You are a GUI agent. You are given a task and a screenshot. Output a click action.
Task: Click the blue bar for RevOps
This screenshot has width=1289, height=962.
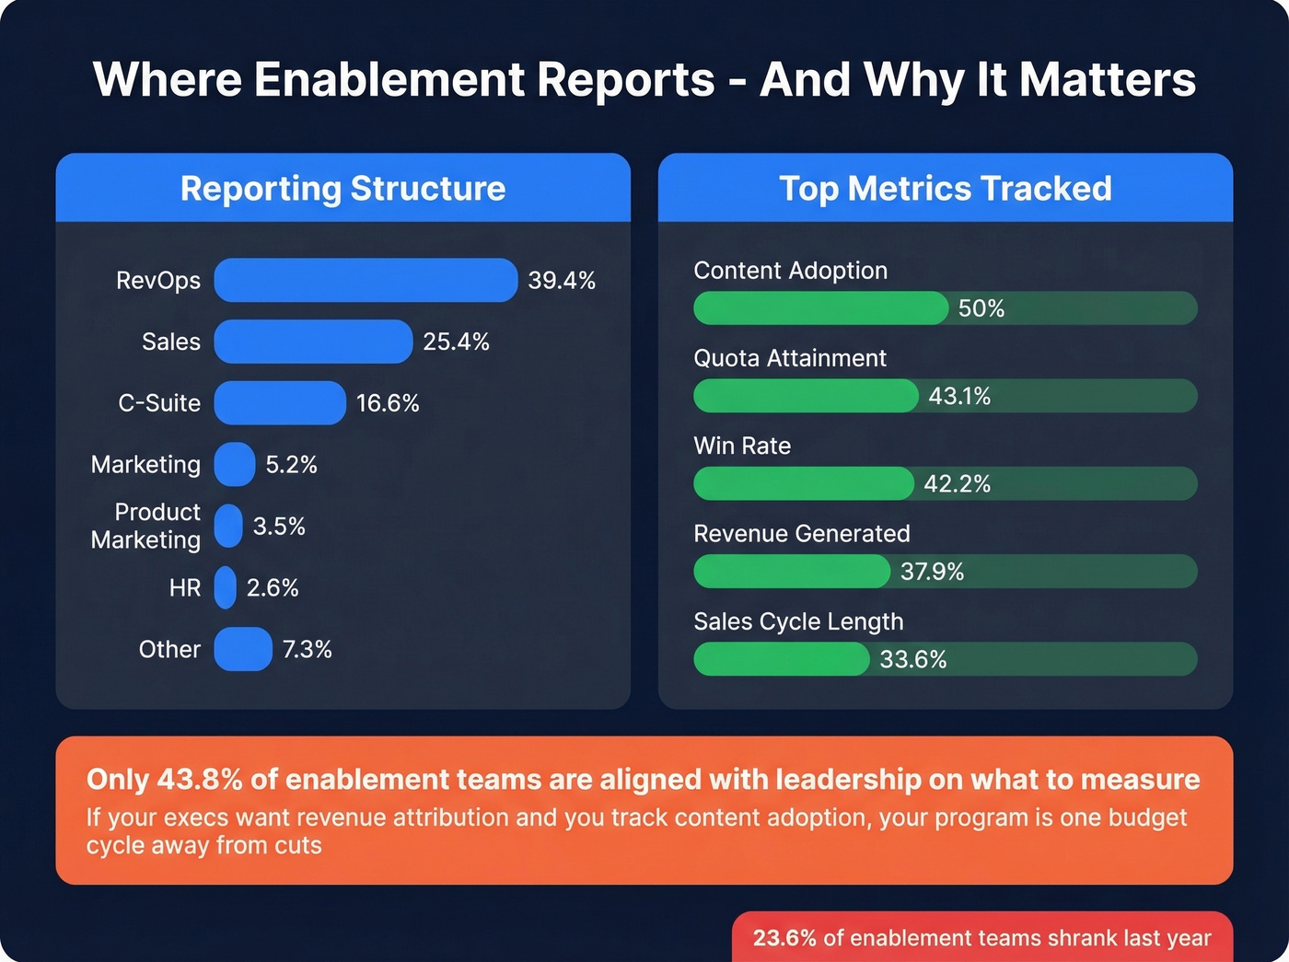point(366,280)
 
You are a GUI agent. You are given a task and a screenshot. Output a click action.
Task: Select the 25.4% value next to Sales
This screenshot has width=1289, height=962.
point(456,342)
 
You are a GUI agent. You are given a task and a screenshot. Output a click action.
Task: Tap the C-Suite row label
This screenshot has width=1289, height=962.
point(159,403)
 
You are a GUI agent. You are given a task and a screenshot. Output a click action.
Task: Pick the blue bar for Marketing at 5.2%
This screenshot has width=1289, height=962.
point(235,464)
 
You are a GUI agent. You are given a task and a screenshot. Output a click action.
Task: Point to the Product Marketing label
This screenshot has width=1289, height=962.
point(145,526)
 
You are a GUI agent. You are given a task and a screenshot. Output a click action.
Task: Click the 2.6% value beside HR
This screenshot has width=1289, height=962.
point(273,587)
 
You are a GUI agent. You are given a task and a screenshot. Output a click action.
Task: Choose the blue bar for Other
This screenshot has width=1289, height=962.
point(243,649)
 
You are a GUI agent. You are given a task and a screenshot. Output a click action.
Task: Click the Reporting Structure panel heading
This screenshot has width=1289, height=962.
point(343,189)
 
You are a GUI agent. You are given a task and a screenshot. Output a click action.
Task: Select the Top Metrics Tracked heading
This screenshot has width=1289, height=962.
point(946,189)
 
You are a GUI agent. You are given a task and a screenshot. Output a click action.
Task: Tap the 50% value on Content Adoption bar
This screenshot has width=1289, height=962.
point(981,308)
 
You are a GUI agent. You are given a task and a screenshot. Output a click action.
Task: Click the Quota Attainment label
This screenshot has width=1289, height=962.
point(790,358)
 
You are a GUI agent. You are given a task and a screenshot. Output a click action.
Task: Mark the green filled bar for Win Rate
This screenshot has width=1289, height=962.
point(803,483)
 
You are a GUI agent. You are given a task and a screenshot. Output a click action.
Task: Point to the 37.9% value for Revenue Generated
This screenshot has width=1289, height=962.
point(932,572)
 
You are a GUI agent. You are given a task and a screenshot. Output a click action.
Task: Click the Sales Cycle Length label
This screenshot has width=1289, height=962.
point(798,621)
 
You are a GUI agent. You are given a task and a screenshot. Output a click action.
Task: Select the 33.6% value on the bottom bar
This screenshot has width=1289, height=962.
point(912,659)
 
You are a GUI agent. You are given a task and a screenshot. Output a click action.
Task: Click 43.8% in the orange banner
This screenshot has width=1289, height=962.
point(200,780)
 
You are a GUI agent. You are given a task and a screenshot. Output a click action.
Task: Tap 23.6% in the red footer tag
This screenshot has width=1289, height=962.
point(784,938)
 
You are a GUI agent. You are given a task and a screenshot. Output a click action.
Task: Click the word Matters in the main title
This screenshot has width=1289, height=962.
point(1108,79)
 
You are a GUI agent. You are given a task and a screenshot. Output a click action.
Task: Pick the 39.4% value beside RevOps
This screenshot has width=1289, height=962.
point(562,280)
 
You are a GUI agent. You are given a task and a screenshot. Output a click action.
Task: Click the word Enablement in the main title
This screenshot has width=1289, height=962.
point(391,79)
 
